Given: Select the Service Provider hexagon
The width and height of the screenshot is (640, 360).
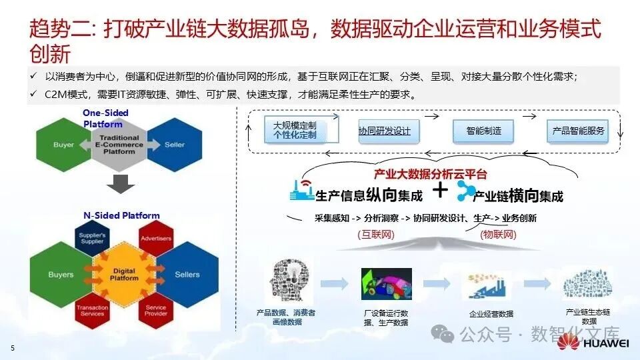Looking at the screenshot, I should (x=156, y=311).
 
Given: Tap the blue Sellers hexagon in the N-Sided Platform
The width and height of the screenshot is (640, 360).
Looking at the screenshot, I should (x=188, y=274).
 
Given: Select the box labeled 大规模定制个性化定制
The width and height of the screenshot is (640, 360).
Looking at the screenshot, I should (x=295, y=129).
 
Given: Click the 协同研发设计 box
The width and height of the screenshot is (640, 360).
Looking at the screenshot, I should (x=385, y=131).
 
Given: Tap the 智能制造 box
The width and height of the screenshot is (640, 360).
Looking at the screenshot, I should (x=484, y=131).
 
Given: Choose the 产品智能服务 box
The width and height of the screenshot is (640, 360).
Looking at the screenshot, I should (x=578, y=131).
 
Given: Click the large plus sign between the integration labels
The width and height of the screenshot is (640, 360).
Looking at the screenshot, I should (x=441, y=191).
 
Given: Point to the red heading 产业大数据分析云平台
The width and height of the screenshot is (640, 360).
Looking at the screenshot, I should (x=431, y=175).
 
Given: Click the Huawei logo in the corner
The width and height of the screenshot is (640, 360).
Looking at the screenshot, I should (x=593, y=343).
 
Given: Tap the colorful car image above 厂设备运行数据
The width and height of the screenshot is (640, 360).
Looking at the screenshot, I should (x=386, y=284).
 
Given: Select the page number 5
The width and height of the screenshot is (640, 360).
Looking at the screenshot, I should (x=11, y=348).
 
